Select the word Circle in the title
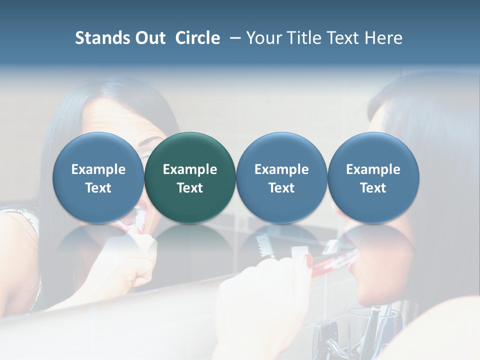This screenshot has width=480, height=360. pyautogui.click(x=197, y=38)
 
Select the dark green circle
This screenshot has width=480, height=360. pyautogui.click(x=190, y=178)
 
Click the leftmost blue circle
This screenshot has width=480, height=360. pyautogui.click(x=98, y=178)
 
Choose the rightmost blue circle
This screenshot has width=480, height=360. pyautogui.click(x=373, y=178)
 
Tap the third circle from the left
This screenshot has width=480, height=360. pyautogui.click(x=281, y=178)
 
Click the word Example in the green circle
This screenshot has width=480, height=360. pyautogui.click(x=190, y=169)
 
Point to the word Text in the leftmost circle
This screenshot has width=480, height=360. pyautogui.click(x=98, y=188)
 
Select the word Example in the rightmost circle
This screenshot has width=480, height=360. pyautogui.click(x=373, y=169)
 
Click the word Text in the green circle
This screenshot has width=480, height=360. pyautogui.click(x=190, y=188)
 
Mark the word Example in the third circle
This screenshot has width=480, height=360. pyautogui.click(x=281, y=169)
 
